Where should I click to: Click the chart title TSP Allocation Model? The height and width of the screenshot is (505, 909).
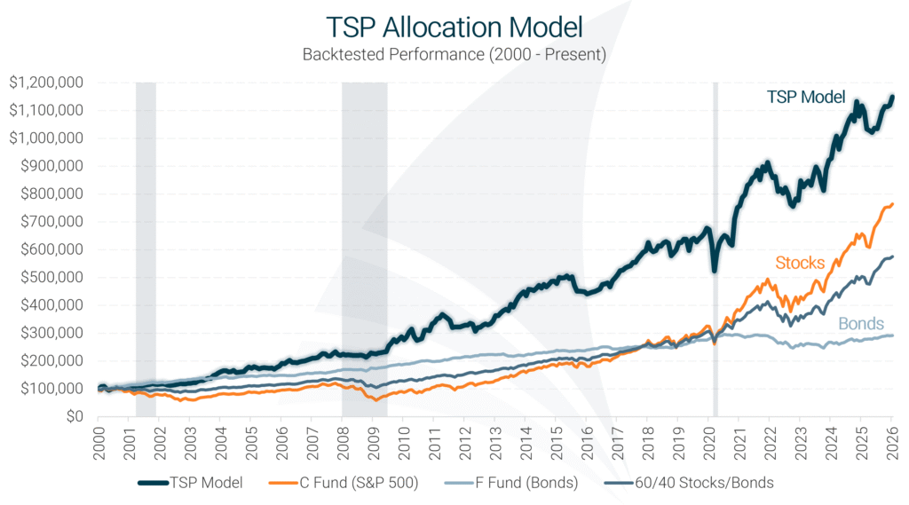pyautogui.click(x=454, y=24)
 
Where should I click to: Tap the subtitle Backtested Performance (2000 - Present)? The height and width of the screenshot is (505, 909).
pyautogui.click(x=454, y=54)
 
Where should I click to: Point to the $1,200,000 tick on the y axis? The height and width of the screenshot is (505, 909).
pyautogui.click(x=46, y=83)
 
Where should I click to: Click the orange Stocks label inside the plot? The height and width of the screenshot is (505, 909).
pyautogui.click(x=800, y=263)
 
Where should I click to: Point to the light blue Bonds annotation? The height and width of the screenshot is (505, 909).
pyautogui.click(x=859, y=324)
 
